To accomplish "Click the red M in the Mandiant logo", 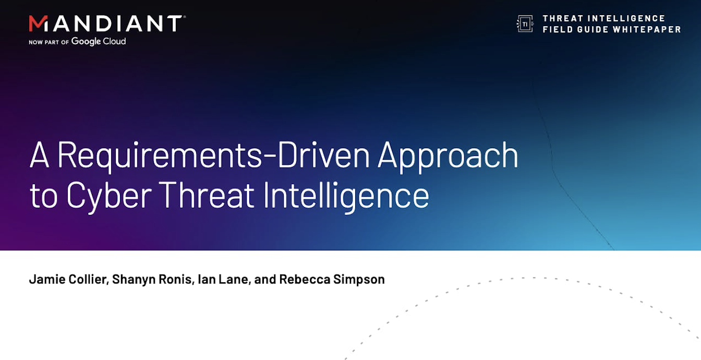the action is pyautogui.click(x=39, y=23).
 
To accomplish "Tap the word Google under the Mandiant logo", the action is pyautogui.click(x=86, y=42).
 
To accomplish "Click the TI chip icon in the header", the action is pyautogui.click(x=525, y=23).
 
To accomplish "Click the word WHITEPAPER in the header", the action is pyautogui.click(x=647, y=29).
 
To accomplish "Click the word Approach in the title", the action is pyautogui.click(x=448, y=156).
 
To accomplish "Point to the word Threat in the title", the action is pyautogui.click(x=207, y=195).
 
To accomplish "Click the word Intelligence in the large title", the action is pyautogui.click(x=346, y=196).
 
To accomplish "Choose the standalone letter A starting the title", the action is pyautogui.click(x=40, y=155).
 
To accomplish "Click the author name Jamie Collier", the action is pyautogui.click(x=68, y=279).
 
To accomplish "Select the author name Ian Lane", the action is pyautogui.click(x=223, y=279).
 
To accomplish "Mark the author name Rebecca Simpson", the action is pyautogui.click(x=332, y=279).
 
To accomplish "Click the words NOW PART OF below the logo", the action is pyautogui.click(x=49, y=42).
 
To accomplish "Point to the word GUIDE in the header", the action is pyautogui.click(x=593, y=29).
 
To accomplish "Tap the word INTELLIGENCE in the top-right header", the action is pyautogui.click(x=626, y=18).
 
